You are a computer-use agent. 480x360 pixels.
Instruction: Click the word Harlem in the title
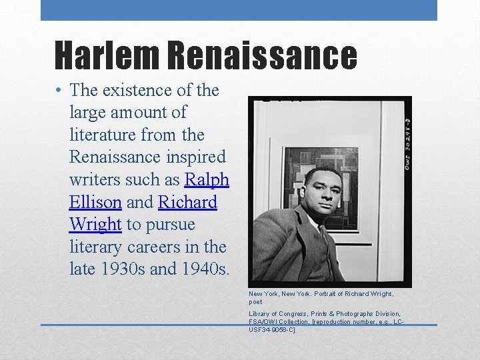(x=107, y=55)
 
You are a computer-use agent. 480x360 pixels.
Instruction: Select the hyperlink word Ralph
(x=207, y=179)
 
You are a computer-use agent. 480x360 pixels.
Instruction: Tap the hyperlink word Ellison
(x=95, y=202)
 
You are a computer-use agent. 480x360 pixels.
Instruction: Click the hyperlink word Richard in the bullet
(x=188, y=202)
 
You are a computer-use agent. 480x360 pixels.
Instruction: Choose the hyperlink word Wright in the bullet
(x=95, y=225)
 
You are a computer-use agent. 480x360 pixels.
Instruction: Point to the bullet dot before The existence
(x=59, y=91)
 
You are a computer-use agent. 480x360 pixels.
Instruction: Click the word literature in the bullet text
(x=102, y=135)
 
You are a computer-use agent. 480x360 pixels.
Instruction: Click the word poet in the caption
(x=255, y=302)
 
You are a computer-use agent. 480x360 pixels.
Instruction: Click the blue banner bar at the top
(x=239, y=10)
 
